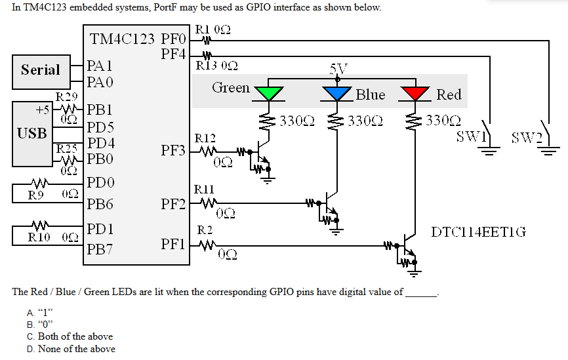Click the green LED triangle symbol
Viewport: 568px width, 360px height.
coord(268,94)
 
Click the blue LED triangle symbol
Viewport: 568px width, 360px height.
coord(337,94)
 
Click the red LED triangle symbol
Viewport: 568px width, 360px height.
coord(415,94)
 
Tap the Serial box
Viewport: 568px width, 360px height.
coord(40,70)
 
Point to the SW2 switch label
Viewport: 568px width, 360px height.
coord(525,137)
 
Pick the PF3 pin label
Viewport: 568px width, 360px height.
coord(174,151)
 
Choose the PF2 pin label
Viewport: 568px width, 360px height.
coord(174,204)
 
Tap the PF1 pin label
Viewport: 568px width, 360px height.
coord(174,245)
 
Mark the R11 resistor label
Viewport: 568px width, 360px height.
coord(205,190)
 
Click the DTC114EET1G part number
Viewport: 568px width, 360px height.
coord(478,231)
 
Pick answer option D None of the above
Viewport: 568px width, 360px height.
coord(71,349)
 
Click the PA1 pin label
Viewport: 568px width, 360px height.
coord(100,66)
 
